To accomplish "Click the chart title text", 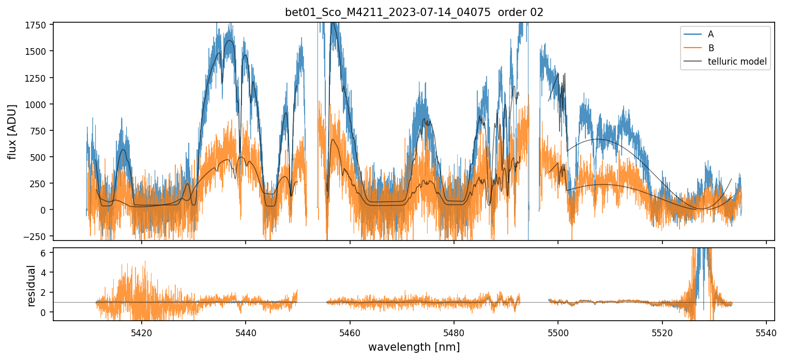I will pos(414,12).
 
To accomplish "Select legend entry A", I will pos(711,34).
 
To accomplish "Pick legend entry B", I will pos(711,48).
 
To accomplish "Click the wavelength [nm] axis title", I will pos(414,347).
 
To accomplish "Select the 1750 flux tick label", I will pos(38,25).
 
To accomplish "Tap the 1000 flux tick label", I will pos(38,104).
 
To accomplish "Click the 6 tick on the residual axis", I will pos(43,252).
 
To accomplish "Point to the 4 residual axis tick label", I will pos(43,272).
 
